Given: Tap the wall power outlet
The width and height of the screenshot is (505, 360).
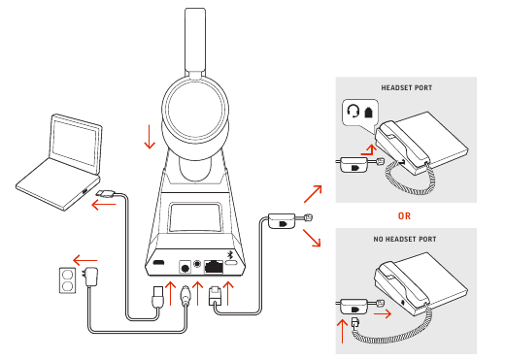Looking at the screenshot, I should coord(65,281).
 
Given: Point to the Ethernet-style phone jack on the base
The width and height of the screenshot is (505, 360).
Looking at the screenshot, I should coord(213,263).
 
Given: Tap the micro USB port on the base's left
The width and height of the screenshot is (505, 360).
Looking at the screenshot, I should coord(158,263).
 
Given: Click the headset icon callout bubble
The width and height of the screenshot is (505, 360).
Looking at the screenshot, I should coord(358,113).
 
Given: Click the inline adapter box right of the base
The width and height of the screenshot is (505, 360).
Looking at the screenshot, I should coord(283,224).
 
